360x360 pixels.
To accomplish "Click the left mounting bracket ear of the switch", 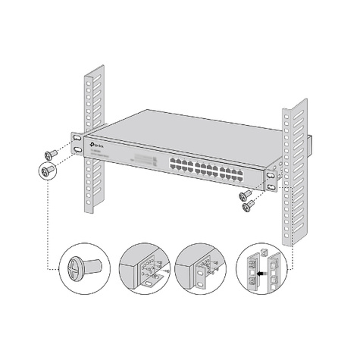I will pyautogui.click(x=78, y=144).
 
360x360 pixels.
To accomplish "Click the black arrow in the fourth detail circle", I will pyautogui.click(x=261, y=268).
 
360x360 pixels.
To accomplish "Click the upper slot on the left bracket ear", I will pyautogui.click(x=78, y=139).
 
